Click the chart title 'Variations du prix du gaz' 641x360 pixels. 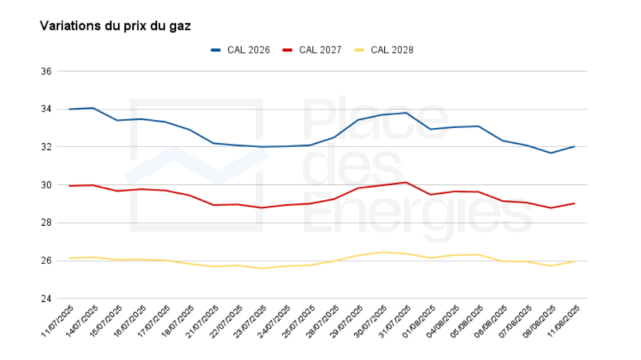(x=115, y=26)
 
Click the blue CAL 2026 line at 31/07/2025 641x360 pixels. (x=407, y=113)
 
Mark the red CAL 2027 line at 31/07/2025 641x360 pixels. (x=407, y=182)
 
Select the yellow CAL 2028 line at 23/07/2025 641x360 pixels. (x=262, y=268)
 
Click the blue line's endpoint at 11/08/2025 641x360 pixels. (x=575, y=146)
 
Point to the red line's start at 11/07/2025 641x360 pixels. (x=69, y=185)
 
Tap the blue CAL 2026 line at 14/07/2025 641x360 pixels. (x=93, y=108)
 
